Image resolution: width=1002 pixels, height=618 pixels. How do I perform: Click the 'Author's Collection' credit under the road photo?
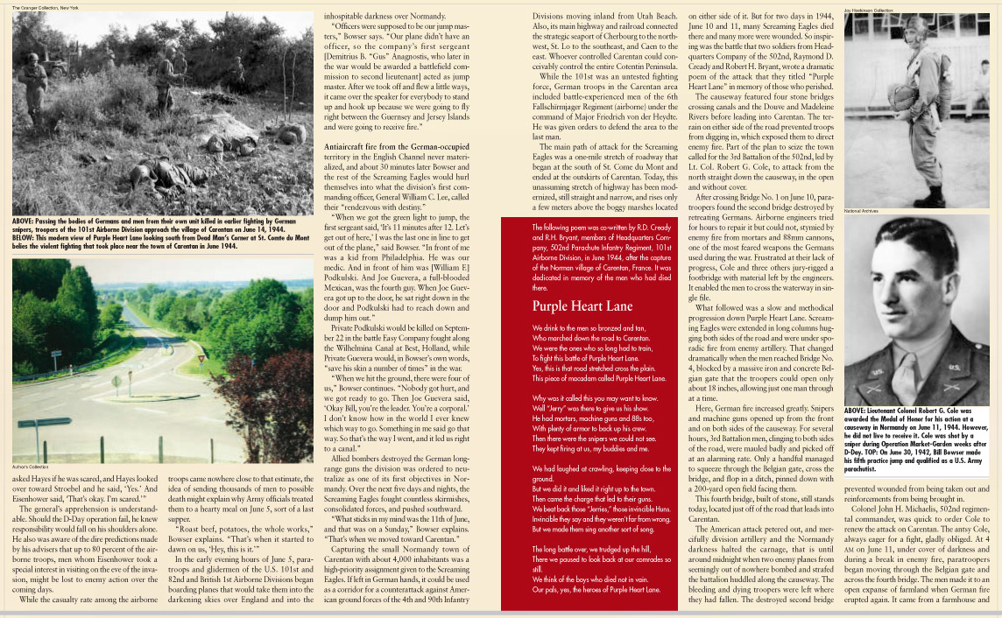[x=32, y=467]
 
